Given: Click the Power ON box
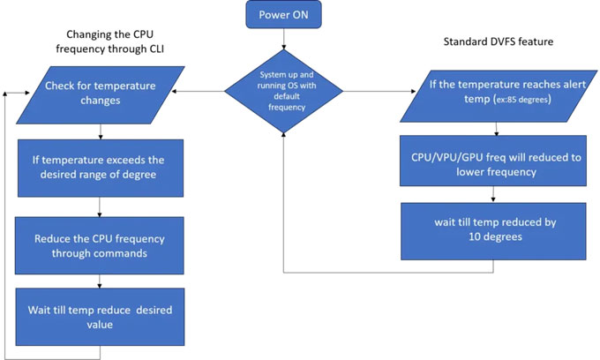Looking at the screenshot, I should coord(284,15).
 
